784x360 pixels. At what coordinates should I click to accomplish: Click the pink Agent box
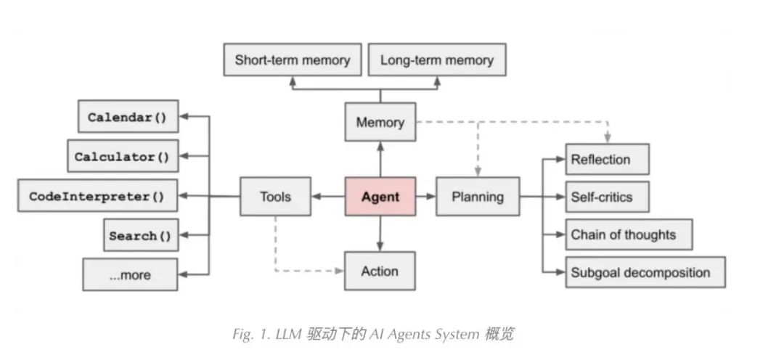380,196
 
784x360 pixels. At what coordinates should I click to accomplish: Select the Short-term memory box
292,60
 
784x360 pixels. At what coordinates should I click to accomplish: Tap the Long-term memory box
437,60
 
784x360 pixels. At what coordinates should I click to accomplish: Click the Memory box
380,122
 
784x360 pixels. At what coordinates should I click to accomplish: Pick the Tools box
275,196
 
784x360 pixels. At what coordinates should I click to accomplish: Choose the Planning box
478,196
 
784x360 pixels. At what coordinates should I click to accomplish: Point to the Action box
380,271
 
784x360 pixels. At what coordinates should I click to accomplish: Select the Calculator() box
122,156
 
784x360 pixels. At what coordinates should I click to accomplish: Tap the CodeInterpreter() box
97,196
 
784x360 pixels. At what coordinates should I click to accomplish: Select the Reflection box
607,160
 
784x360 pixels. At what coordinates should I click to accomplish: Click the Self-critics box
607,197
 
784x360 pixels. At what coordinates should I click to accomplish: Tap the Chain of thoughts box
628,234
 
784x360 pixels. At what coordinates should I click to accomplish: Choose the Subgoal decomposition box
645,273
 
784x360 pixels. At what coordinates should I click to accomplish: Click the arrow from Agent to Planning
426,196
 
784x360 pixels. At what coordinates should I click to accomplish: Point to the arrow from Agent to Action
380,234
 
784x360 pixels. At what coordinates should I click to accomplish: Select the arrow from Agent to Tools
328,196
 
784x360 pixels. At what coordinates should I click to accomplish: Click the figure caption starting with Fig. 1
373,334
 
